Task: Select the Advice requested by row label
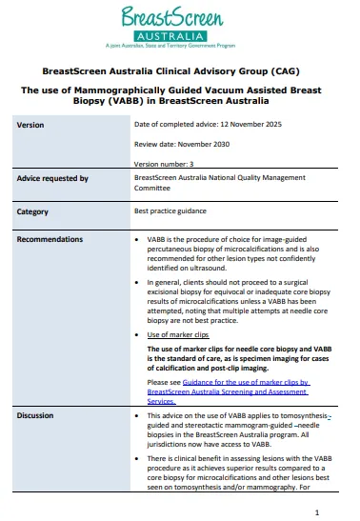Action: click(52, 178)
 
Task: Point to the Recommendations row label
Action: click(50, 238)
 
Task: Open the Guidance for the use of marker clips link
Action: click(229, 386)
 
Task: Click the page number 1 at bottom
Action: click(330, 511)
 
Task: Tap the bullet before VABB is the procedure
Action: click(139, 238)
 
